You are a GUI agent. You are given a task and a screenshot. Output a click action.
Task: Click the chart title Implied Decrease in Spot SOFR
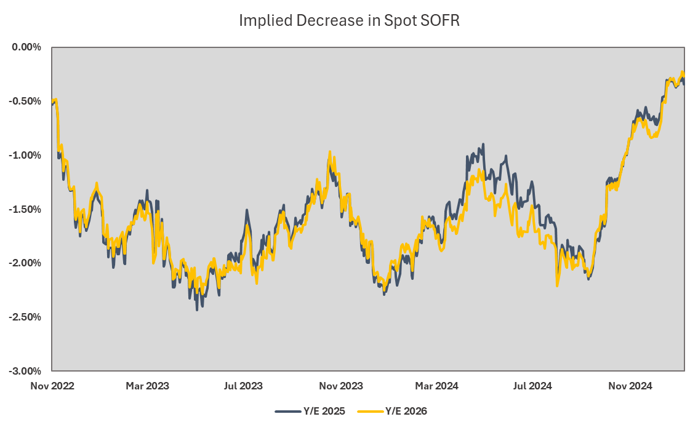[x=349, y=21]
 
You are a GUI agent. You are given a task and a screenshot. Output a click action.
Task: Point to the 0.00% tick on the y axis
[x=26, y=47]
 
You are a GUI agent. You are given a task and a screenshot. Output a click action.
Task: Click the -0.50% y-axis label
[x=25, y=101]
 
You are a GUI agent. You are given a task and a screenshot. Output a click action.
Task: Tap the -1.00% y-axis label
[x=25, y=155]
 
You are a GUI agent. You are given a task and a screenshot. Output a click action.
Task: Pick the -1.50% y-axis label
[x=25, y=209]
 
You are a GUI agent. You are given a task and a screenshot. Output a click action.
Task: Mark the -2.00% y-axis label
[x=25, y=263]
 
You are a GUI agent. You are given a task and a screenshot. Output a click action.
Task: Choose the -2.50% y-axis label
[x=25, y=317]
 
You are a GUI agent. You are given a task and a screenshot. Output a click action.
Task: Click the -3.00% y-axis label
[x=25, y=371]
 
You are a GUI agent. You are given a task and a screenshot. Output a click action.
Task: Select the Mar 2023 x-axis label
[x=147, y=386]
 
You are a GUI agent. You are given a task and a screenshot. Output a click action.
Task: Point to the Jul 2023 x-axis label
[x=243, y=386]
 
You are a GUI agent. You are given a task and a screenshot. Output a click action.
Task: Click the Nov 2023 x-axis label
[x=341, y=386]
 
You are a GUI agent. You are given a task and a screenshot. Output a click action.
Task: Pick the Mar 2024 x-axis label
[x=436, y=386]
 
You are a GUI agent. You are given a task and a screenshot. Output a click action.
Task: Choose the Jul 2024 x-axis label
[x=532, y=386]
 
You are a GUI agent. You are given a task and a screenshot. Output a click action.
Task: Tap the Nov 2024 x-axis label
[x=630, y=386]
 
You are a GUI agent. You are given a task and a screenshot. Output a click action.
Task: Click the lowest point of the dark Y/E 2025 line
[x=197, y=309]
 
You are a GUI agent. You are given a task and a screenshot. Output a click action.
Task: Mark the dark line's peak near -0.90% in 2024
[x=483, y=145]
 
